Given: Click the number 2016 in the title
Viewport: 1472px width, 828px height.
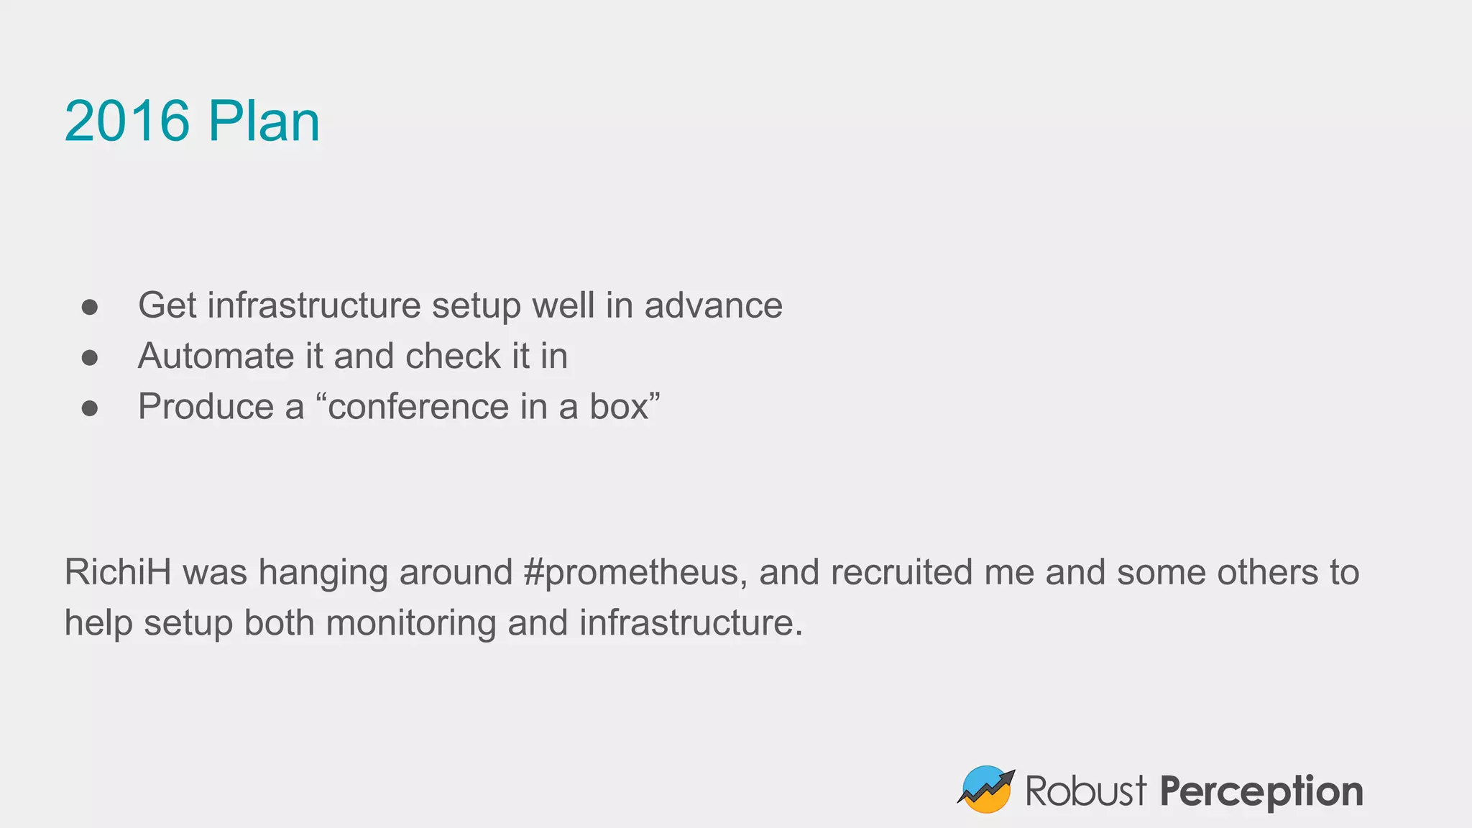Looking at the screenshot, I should tap(127, 121).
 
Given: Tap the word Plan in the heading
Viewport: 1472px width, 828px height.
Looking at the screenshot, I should tap(264, 121).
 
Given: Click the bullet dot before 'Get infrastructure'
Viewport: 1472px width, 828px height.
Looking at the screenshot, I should tap(90, 308).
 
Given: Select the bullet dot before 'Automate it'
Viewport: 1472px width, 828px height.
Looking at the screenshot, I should tap(90, 358).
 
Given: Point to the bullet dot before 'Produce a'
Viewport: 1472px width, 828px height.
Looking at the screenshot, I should tap(90, 408).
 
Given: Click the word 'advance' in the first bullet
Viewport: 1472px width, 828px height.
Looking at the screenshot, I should tap(713, 305).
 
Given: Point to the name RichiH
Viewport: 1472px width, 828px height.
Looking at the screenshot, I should tap(118, 572).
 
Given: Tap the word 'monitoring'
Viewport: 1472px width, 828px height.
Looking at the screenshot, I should tap(411, 623).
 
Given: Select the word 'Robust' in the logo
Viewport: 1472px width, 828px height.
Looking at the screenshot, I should tap(1085, 791).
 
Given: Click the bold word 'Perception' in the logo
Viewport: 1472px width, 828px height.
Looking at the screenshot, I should tap(1261, 792).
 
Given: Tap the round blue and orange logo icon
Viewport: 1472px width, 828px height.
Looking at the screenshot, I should tap(986, 789).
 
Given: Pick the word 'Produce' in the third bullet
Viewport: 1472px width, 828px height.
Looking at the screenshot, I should tap(206, 407).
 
